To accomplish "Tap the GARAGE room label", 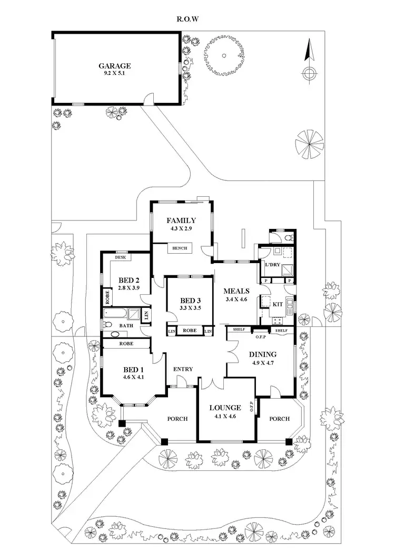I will click(114, 66).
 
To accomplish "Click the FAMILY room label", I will click(181, 220).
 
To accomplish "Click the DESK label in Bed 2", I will click(120, 257).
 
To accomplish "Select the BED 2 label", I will click(128, 280).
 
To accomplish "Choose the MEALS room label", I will click(236, 291).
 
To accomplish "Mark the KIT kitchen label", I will click(278, 304).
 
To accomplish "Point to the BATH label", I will click(126, 325).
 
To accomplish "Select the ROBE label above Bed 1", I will click(126, 343).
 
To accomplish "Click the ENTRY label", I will click(182, 369).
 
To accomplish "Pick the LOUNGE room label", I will click(225, 408).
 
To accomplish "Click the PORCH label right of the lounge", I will click(279, 419).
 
